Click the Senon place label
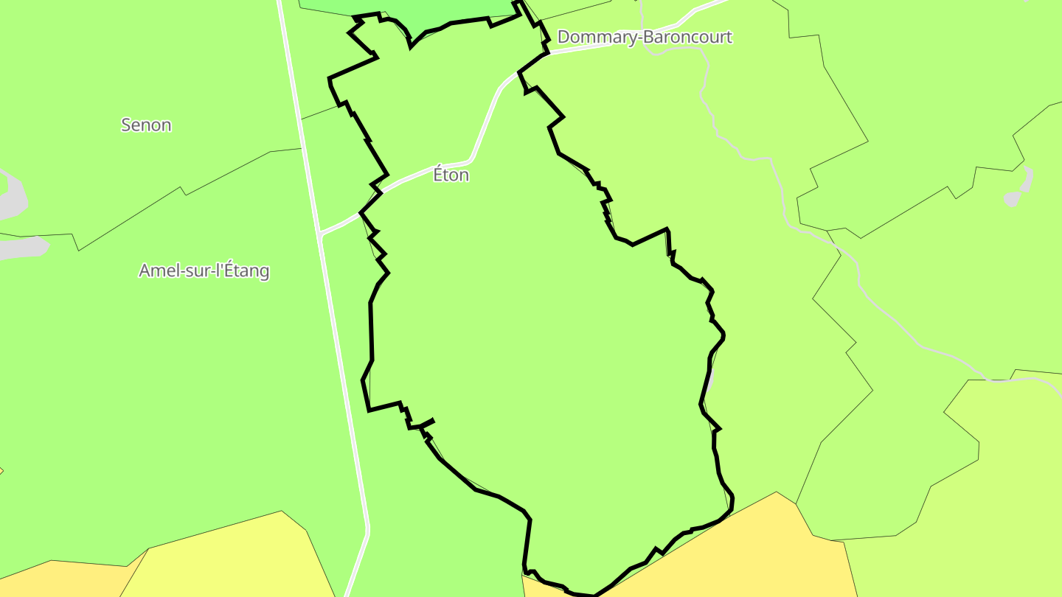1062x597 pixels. (x=146, y=125)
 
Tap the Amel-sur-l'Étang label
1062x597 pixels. (x=204, y=270)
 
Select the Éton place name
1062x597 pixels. (x=451, y=175)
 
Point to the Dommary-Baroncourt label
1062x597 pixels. (x=645, y=37)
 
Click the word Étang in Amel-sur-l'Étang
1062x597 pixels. (x=246, y=270)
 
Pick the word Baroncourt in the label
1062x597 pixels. (x=688, y=37)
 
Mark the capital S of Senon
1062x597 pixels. (x=126, y=125)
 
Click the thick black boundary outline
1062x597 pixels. (x=371, y=332)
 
